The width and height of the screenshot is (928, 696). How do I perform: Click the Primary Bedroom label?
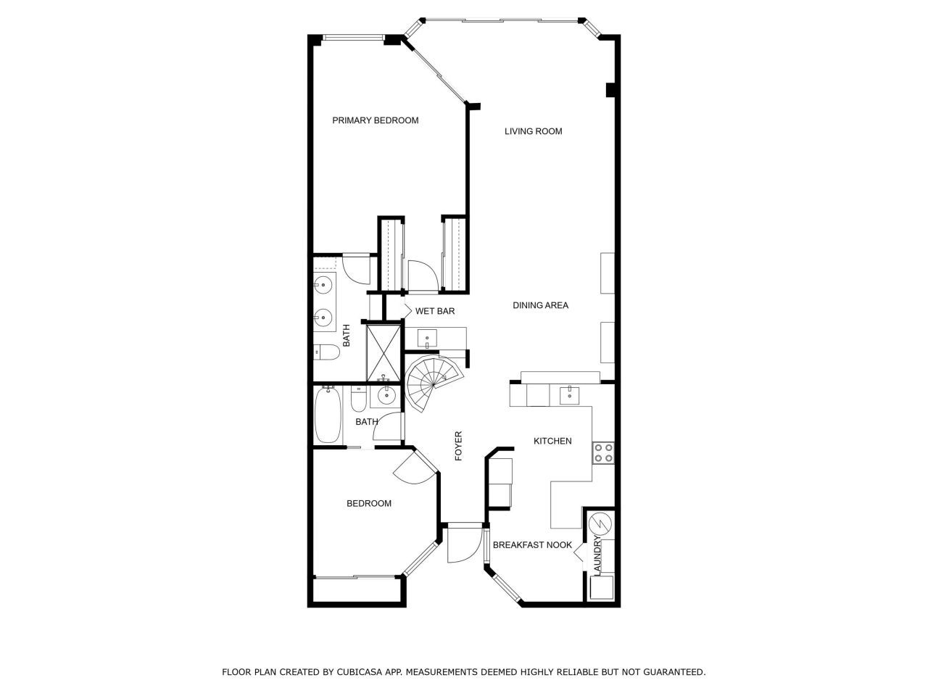click(x=375, y=120)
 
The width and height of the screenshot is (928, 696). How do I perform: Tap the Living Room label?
click(x=534, y=131)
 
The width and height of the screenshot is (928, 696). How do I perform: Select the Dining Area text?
click(x=540, y=305)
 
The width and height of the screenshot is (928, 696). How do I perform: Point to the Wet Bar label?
click(x=435, y=311)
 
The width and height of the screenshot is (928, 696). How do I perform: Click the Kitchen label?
click(x=552, y=441)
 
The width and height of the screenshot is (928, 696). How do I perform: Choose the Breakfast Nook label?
click(x=532, y=545)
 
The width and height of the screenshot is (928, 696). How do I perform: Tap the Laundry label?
click(x=598, y=556)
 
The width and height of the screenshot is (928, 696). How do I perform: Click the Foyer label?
click(x=458, y=446)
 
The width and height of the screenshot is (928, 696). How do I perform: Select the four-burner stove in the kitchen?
click(x=603, y=453)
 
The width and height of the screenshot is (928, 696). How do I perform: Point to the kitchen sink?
click(x=570, y=394)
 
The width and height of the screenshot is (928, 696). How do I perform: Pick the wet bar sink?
click(x=427, y=337)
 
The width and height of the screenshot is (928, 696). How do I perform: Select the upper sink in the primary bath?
click(x=323, y=284)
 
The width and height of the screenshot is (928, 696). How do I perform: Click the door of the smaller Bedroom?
click(x=412, y=469)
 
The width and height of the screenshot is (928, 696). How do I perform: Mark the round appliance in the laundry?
click(x=601, y=523)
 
